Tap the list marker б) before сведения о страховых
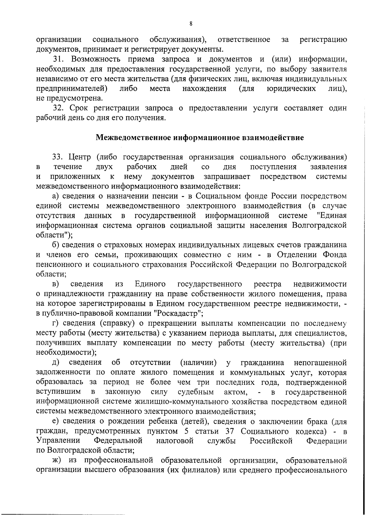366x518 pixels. coord(55,245)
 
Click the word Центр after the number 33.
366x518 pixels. coord(80,158)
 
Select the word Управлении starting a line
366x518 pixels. coord(58,441)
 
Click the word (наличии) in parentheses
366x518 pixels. coord(199,363)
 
